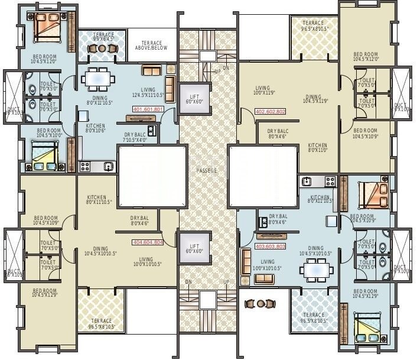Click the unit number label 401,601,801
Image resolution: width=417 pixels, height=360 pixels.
click(148, 109)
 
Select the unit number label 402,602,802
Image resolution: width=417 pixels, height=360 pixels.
click(270, 111)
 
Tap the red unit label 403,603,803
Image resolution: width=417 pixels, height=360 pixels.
click(270, 247)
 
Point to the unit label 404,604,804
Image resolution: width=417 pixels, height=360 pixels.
click(148, 242)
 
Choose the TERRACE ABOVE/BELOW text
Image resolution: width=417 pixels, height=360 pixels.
click(151, 46)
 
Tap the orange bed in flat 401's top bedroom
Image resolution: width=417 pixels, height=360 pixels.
click(47, 27)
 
